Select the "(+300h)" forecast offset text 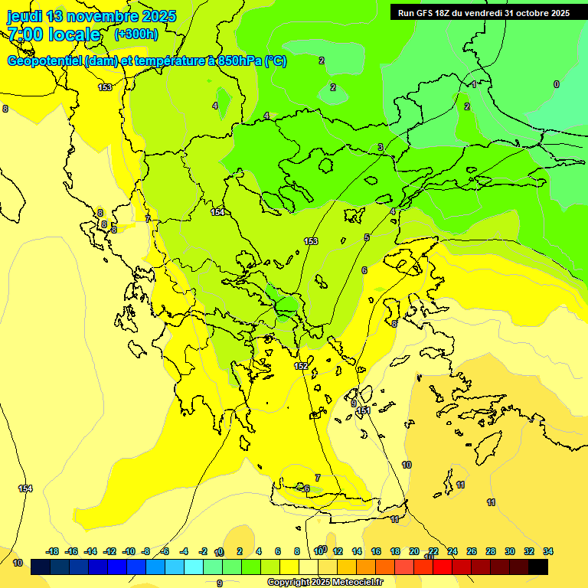(136, 34)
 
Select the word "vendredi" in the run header (490, 13)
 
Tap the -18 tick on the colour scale (53, 551)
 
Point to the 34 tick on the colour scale (548, 551)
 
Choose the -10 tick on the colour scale (129, 551)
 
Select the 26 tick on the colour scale (472, 551)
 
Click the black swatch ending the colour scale (538, 567)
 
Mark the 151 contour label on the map (364, 411)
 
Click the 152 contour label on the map (302, 367)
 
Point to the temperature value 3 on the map (380, 147)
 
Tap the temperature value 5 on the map (367, 237)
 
